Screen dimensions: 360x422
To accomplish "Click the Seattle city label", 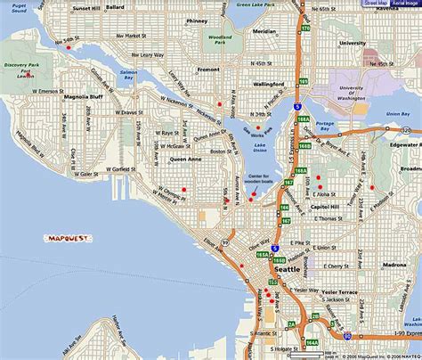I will (x=287, y=268).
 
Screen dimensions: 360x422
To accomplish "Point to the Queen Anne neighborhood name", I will (x=186, y=160).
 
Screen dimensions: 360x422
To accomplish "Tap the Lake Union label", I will (x=260, y=146).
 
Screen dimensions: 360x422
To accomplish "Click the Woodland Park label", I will (x=217, y=40).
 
